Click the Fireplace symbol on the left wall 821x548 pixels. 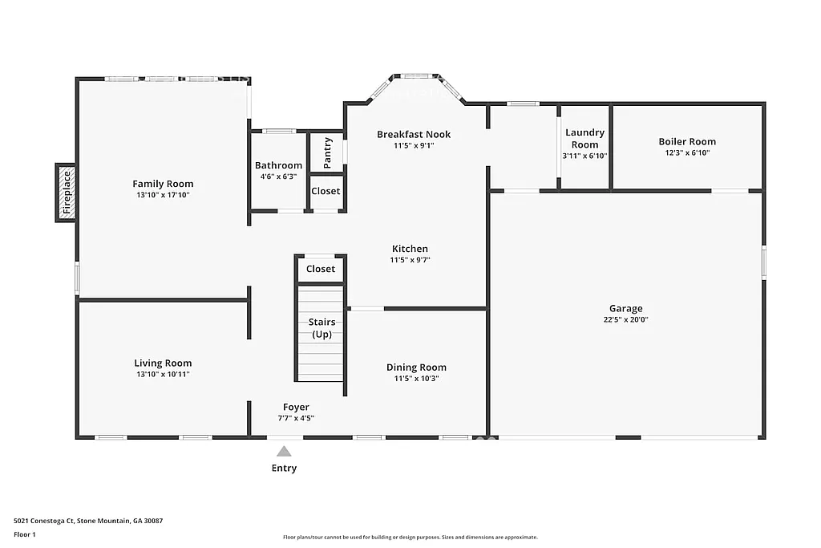(67, 193)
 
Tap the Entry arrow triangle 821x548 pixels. (284, 453)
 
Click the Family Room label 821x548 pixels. (163, 184)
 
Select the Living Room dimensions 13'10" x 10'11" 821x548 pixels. (163, 374)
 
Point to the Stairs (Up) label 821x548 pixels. (322, 327)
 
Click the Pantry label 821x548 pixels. (328, 152)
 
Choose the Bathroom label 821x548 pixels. (278, 165)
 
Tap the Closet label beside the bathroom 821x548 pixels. (326, 191)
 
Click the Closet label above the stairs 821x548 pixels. (321, 269)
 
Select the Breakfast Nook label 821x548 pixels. (414, 134)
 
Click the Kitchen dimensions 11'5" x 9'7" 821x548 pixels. (410, 260)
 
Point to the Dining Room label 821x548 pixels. (416, 367)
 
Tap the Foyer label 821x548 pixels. (296, 407)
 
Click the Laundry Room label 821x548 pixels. (584, 138)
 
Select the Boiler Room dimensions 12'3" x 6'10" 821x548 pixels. (687, 152)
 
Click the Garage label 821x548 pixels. (625, 308)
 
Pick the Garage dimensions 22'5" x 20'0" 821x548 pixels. (625, 319)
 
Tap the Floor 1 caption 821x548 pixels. (25, 534)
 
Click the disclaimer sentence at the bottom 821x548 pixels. (410, 538)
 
